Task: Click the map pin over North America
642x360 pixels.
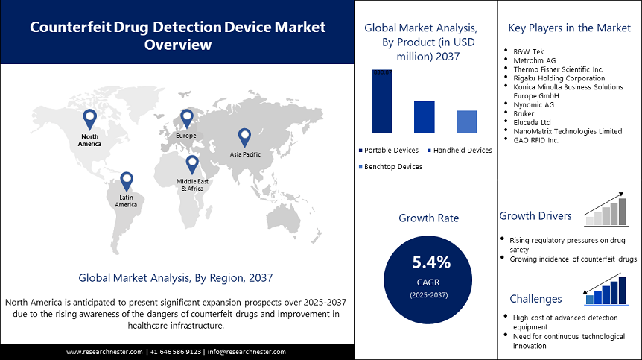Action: click(x=89, y=119)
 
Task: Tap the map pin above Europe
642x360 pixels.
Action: click(x=186, y=119)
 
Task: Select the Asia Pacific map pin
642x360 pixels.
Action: click(x=244, y=137)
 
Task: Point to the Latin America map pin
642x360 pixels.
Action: click(x=126, y=180)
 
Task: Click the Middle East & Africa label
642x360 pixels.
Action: click(x=191, y=185)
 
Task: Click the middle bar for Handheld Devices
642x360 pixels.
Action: click(x=424, y=117)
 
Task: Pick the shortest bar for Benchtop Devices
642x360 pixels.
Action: click(x=466, y=121)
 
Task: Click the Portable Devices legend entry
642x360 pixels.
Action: click(x=391, y=151)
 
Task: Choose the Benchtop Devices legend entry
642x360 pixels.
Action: click(x=392, y=167)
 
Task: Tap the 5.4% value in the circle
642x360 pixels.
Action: click(x=431, y=262)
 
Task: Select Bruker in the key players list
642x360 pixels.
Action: click(x=524, y=113)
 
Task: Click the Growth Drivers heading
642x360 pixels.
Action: click(x=535, y=216)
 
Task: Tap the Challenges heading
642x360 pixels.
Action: click(x=535, y=299)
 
